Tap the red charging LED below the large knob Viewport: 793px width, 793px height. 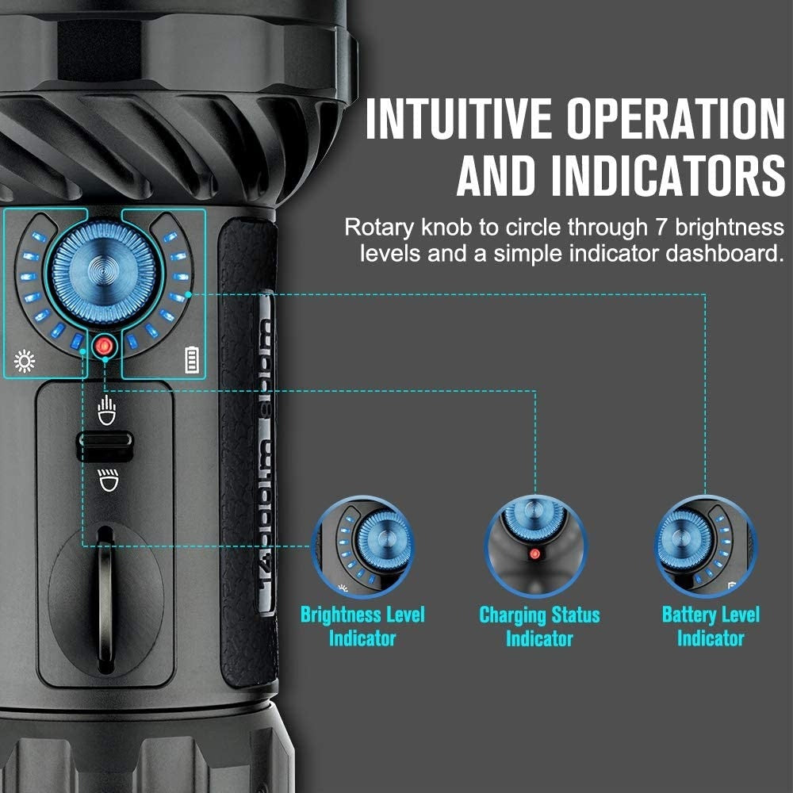(x=104, y=347)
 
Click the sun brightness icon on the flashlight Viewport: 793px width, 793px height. (x=25, y=364)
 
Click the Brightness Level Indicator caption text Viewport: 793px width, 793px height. (x=362, y=626)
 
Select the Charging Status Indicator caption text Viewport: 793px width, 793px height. (x=539, y=626)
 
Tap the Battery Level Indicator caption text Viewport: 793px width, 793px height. (x=711, y=626)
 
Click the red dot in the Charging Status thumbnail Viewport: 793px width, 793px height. (x=534, y=554)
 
